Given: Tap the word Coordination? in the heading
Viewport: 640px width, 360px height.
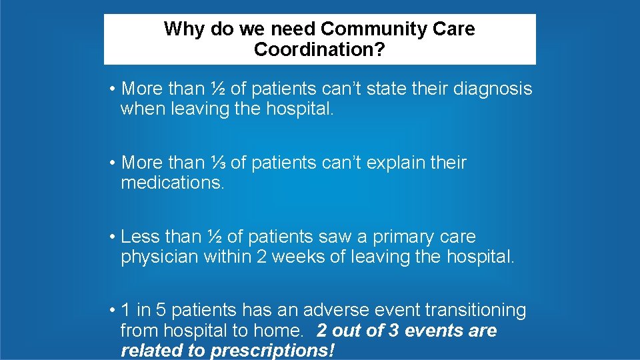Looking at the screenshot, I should click(x=319, y=50).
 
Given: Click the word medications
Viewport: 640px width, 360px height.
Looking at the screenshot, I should click(x=173, y=183).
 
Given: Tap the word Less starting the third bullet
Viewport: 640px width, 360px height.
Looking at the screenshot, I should click(x=141, y=237).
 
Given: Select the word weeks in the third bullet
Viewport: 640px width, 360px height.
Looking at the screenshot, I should click(x=297, y=257).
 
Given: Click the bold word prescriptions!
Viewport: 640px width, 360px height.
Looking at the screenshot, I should click(x=273, y=351).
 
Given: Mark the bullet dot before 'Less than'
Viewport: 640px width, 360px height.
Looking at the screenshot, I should click(x=115, y=237).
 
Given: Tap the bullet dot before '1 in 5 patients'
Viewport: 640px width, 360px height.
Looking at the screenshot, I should click(x=115, y=311).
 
